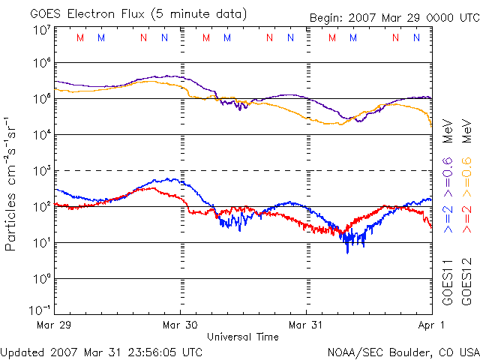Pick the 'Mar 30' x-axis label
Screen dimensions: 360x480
pos(181,325)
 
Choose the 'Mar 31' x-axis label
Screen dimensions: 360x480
pos(307,325)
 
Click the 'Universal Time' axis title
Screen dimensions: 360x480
pos(243,337)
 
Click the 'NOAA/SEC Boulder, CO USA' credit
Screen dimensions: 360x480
pos(403,352)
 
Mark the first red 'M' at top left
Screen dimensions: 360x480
pos(80,37)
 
